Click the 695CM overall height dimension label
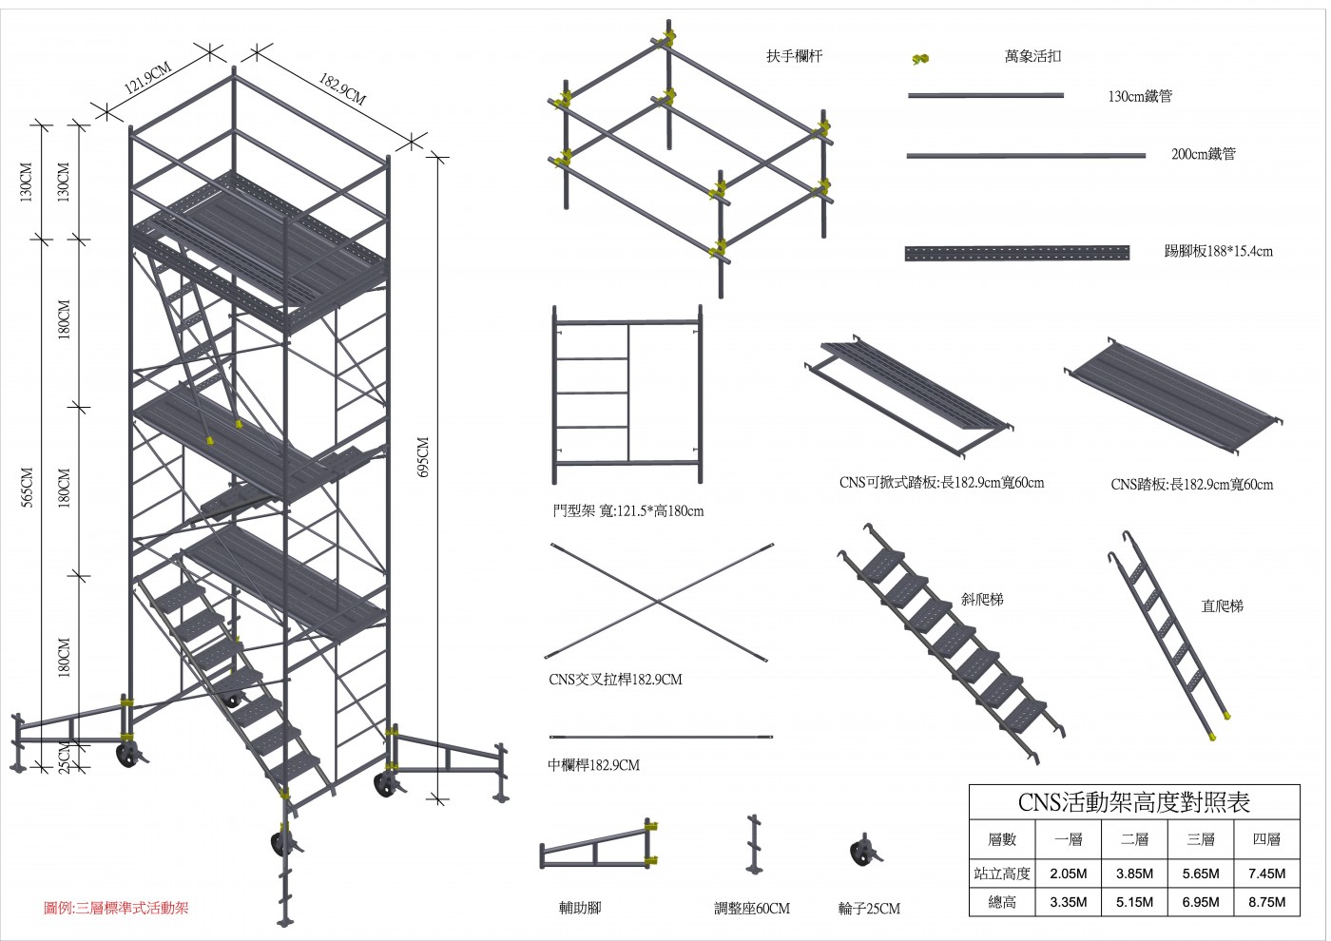pyautogui.click(x=424, y=457)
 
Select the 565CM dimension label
pyautogui.click(x=28, y=487)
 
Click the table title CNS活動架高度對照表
pyautogui.click(x=1133, y=801)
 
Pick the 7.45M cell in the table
pyautogui.click(x=1266, y=874)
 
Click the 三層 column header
pyautogui.click(x=1201, y=839)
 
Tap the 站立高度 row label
pyautogui.click(x=1002, y=874)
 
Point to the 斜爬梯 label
pyautogui.click(x=982, y=600)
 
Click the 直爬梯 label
pyautogui.click(x=1222, y=605)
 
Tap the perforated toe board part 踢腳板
pyautogui.click(x=1017, y=253)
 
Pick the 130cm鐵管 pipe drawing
pyautogui.click(x=986, y=96)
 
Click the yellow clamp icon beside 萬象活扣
pyautogui.click(x=919, y=59)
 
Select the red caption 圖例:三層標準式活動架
pyautogui.click(x=117, y=908)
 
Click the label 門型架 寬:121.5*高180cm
pyautogui.click(x=628, y=511)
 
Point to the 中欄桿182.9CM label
pyautogui.click(x=594, y=765)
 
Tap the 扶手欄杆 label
pyautogui.click(x=794, y=56)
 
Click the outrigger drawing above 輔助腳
pyautogui.click(x=599, y=847)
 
